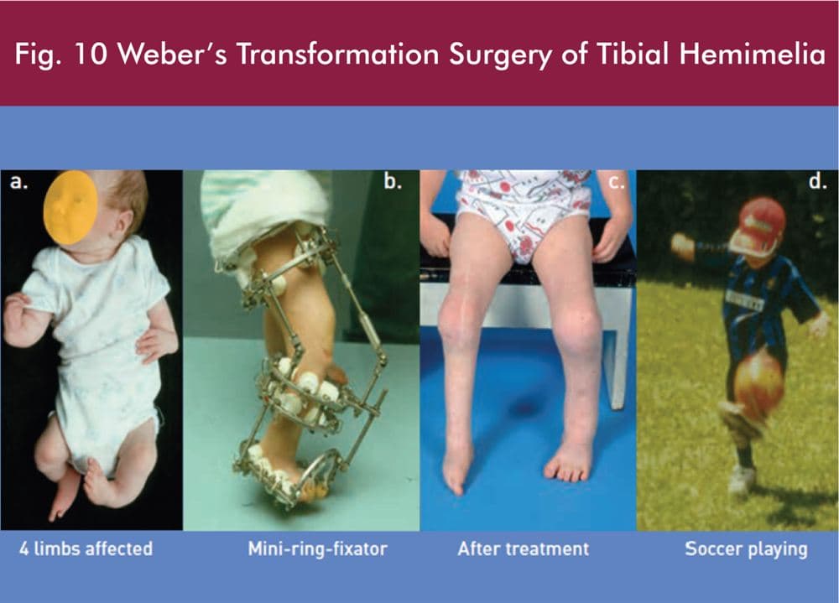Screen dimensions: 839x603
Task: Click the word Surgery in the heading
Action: (499, 55)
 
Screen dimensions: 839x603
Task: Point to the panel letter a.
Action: (18, 183)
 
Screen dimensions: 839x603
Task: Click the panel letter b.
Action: (393, 182)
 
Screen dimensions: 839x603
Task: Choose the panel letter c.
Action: (617, 183)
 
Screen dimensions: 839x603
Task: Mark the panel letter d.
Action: (817, 182)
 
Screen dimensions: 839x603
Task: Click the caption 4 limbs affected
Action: (86, 549)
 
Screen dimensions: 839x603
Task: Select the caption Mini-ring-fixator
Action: (318, 549)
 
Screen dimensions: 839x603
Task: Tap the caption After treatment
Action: (524, 549)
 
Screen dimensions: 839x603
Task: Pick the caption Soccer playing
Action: (747, 550)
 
